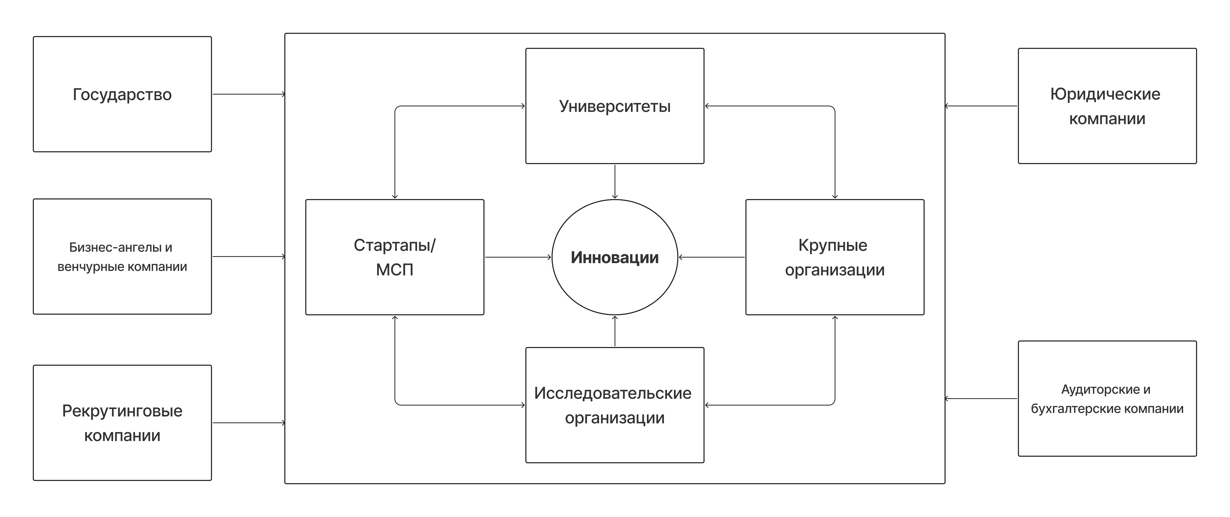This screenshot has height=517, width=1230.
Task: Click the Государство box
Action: pos(122,94)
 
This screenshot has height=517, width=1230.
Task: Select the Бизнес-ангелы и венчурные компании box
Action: pos(122,256)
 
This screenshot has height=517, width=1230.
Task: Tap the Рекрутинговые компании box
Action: pos(122,422)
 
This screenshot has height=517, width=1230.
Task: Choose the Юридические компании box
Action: pos(1107,106)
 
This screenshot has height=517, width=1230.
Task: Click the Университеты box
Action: pos(615,106)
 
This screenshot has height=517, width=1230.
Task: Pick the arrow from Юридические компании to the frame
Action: pos(981,106)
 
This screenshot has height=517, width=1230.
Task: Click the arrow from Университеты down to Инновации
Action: pos(615,181)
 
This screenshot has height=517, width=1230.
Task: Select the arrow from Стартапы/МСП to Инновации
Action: pos(518,257)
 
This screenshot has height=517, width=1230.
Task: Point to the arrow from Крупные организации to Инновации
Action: pos(711,257)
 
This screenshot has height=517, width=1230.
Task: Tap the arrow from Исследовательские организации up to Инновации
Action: pos(615,331)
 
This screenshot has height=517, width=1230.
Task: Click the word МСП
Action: pos(394,270)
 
